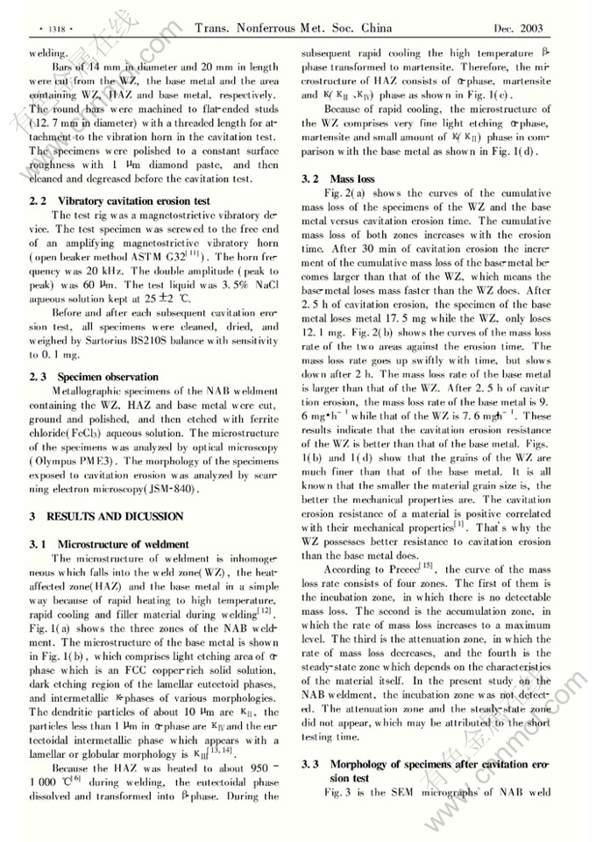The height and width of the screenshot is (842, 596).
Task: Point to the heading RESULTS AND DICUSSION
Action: (x=114, y=515)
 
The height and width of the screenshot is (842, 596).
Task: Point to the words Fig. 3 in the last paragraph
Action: (x=337, y=792)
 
